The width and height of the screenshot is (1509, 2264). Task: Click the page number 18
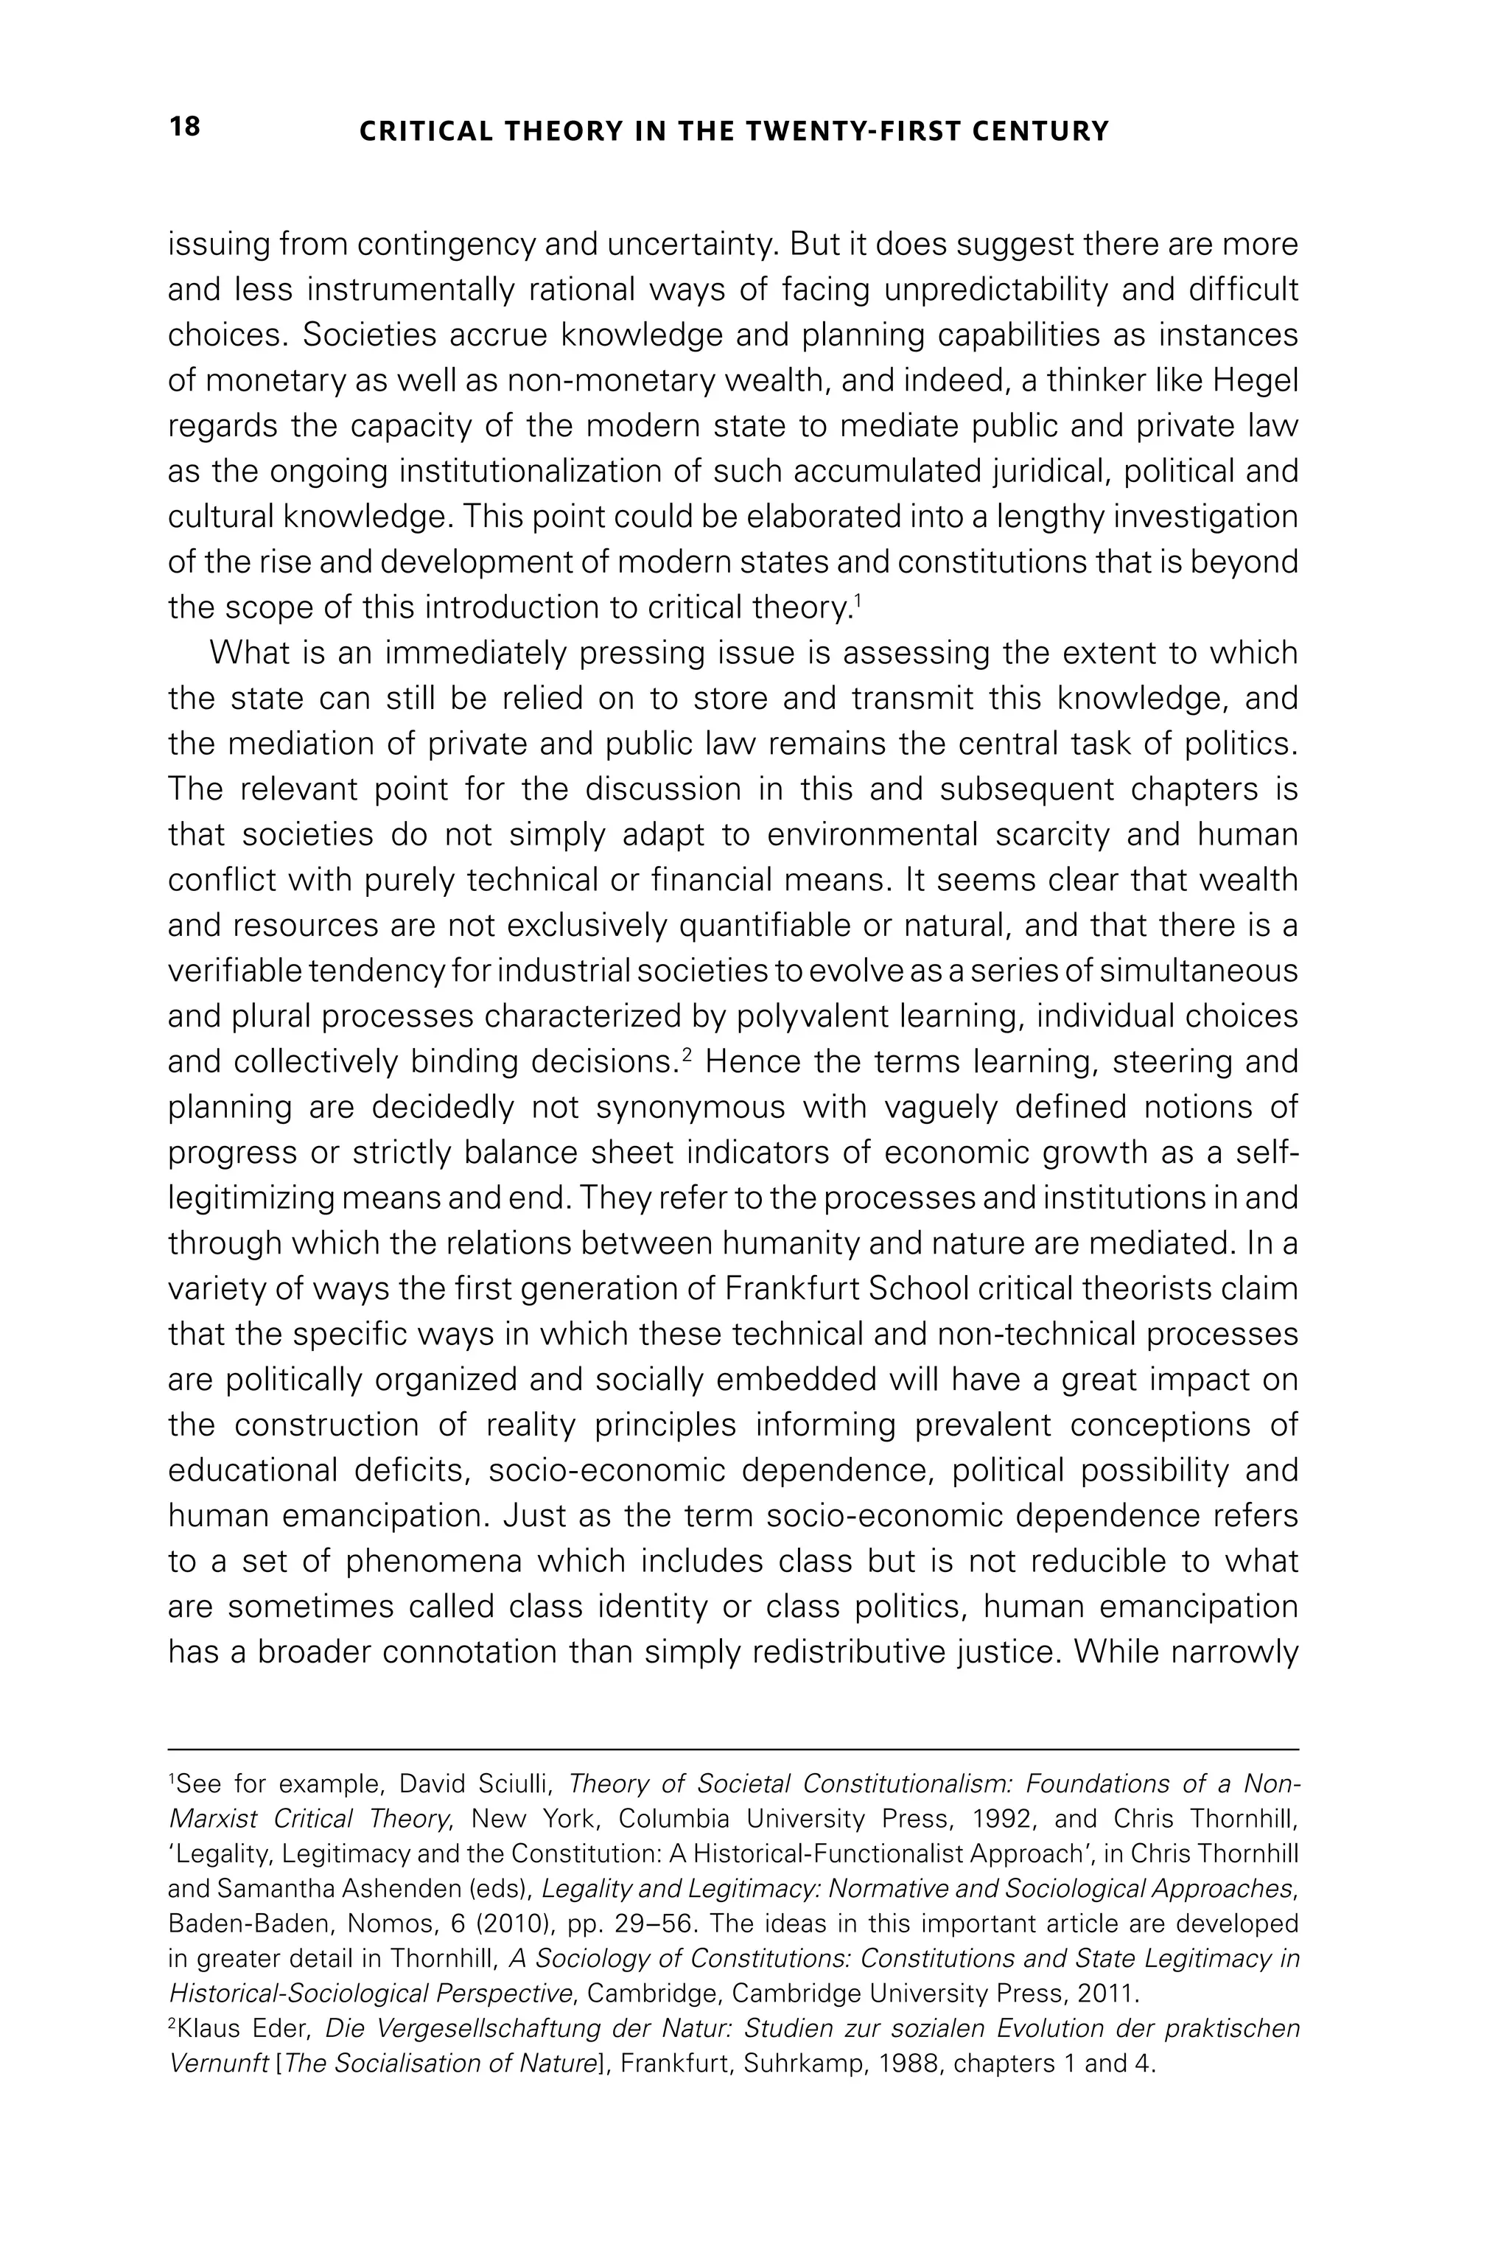[x=185, y=127]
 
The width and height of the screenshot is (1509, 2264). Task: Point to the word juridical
[x=1053, y=472]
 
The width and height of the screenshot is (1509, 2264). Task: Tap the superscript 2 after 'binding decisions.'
[x=687, y=1055]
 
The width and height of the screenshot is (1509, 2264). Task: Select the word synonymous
[x=691, y=1108]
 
